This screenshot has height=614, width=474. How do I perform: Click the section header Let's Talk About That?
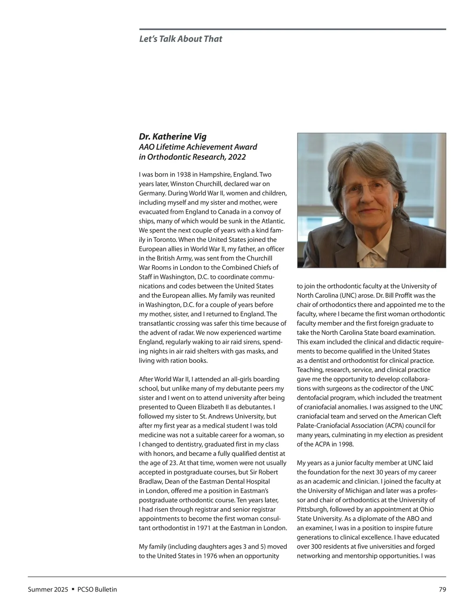(181, 39)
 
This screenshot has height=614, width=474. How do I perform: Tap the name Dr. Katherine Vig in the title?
(173, 137)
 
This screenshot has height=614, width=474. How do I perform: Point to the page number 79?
(442, 589)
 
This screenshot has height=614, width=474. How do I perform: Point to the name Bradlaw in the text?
(150, 482)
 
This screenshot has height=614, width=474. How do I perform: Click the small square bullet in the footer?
(73, 589)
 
